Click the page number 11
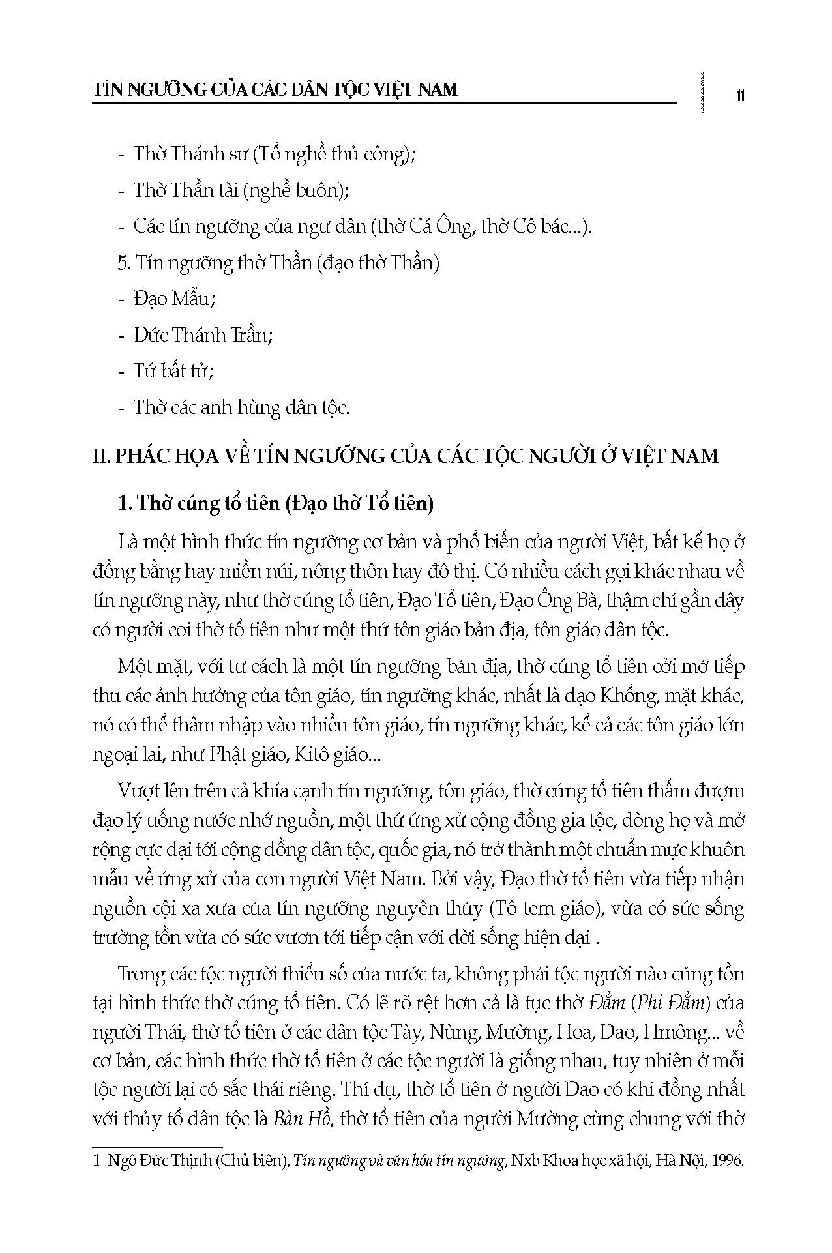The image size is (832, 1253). [x=739, y=96]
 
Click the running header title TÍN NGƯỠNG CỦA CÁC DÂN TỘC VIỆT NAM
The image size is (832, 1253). [x=275, y=89]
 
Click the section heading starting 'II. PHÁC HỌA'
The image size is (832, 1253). [x=405, y=455]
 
